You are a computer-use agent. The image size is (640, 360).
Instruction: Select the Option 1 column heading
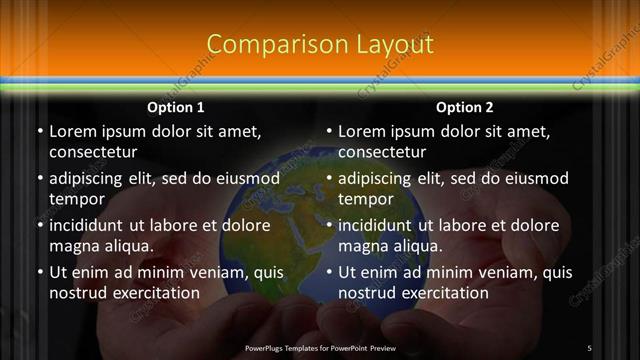(x=176, y=107)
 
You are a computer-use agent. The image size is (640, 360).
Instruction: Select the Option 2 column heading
(x=465, y=107)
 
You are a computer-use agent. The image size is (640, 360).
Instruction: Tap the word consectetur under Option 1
(x=93, y=153)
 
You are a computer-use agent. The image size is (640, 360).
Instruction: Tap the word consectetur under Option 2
(x=382, y=153)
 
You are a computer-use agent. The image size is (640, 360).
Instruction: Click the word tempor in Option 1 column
(x=75, y=200)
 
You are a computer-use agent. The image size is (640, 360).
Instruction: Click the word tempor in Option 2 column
(x=365, y=200)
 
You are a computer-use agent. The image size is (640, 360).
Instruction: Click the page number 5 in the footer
(x=589, y=348)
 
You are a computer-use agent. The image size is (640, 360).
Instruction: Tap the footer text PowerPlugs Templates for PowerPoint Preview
(x=320, y=348)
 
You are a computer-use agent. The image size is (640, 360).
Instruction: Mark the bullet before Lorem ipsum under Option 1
(x=40, y=131)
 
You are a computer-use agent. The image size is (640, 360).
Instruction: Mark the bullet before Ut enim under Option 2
(x=329, y=272)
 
